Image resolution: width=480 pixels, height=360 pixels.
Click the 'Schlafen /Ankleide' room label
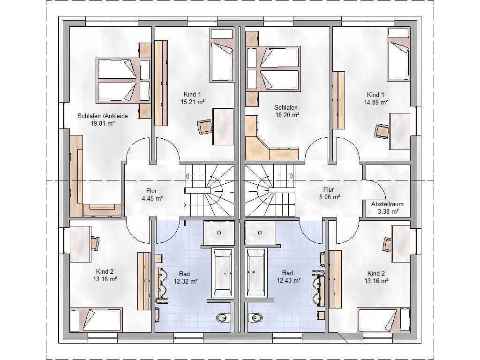point(103,116)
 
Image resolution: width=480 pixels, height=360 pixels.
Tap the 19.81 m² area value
point(103,124)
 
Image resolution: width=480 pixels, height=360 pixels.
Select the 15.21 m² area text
point(192,102)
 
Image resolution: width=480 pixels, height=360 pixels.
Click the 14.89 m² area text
point(375,102)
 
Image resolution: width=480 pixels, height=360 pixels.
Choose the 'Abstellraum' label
point(387,204)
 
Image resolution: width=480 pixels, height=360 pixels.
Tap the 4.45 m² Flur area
point(152,198)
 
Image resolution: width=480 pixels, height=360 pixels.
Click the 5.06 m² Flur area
point(330,197)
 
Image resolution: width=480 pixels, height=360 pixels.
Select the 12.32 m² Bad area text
point(186,281)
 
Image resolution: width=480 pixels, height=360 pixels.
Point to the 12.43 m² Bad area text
point(289,280)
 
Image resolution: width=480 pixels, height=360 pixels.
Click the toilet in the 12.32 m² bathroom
point(223,318)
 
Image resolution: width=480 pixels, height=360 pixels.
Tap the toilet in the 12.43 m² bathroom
point(255,318)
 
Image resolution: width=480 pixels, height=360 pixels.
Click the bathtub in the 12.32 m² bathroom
point(222,273)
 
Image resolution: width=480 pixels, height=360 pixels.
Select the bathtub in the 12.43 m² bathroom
point(256,273)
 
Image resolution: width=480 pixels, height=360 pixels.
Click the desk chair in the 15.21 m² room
point(205,127)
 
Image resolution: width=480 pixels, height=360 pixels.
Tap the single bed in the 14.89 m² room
point(398,54)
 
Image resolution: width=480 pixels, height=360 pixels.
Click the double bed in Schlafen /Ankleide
point(123,80)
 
